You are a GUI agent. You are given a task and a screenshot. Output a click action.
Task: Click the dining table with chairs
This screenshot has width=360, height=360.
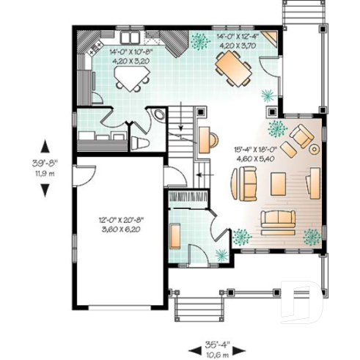232,70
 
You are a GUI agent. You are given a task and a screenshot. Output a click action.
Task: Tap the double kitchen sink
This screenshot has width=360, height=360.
131,37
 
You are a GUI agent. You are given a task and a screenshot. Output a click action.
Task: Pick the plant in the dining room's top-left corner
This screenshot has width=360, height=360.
199,41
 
